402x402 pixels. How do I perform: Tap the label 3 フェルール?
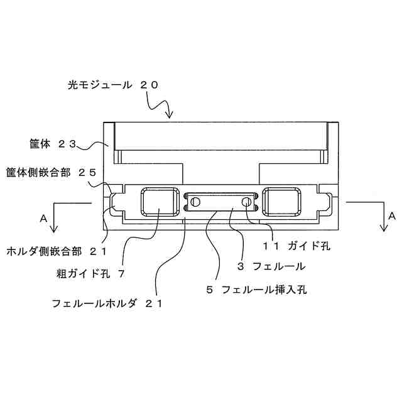tap(271, 266)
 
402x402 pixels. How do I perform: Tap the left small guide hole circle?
tap(196, 202)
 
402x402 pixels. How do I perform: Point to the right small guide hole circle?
tap(246, 202)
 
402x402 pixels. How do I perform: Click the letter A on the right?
tap(391, 215)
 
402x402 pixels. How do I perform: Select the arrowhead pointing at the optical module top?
tap(168, 115)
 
